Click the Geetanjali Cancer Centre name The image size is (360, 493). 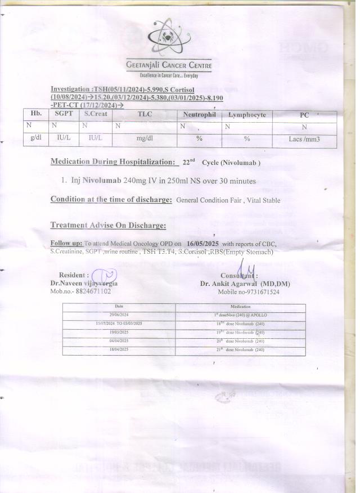tap(169, 66)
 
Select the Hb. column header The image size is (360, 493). tap(35, 114)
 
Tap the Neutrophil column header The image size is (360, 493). tap(199, 115)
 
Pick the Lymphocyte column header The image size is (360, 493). tap(247, 115)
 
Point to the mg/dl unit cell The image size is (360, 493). tap(145, 138)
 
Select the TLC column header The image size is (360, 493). tap(145, 114)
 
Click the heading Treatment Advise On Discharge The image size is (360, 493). tap(109, 225)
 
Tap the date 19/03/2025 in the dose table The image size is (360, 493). tap(120, 332)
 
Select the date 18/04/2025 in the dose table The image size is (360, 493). tap(120, 349)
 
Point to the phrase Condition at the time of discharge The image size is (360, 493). tap(111, 199)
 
